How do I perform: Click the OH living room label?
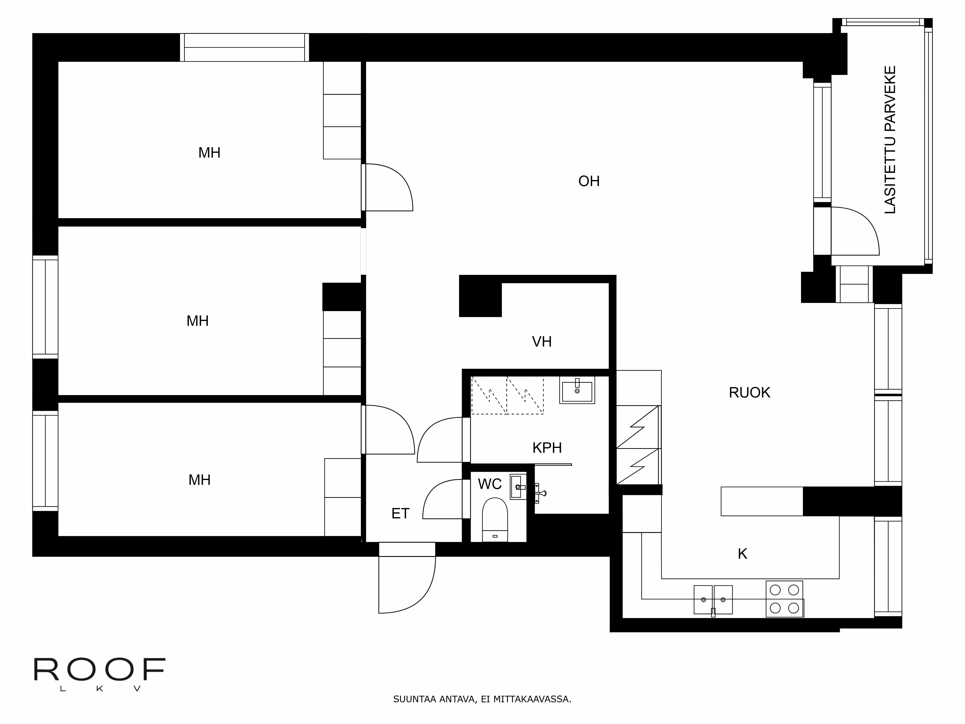[589, 181]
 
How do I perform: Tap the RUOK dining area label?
[750, 393]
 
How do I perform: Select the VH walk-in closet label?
[542, 342]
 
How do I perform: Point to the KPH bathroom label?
[547, 448]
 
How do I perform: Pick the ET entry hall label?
[400, 514]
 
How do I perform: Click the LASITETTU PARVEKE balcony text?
[890, 140]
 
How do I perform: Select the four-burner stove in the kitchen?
[784, 599]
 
